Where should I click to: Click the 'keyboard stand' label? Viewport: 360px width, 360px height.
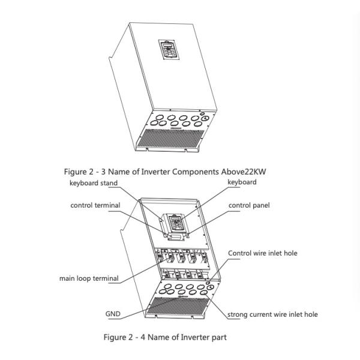[x=93, y=183]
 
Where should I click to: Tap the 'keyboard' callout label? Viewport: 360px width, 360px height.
[x=242, y=182]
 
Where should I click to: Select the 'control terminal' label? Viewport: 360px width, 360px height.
[x=95, y=205]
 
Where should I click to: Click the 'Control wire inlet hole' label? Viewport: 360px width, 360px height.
[x=262, y=253]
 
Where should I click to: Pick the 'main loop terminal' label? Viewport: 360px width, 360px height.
[x=88, y=278]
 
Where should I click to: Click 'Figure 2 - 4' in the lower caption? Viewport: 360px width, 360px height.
[x=125, y=337]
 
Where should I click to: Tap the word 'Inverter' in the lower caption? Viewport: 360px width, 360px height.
[x=191, y=337]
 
